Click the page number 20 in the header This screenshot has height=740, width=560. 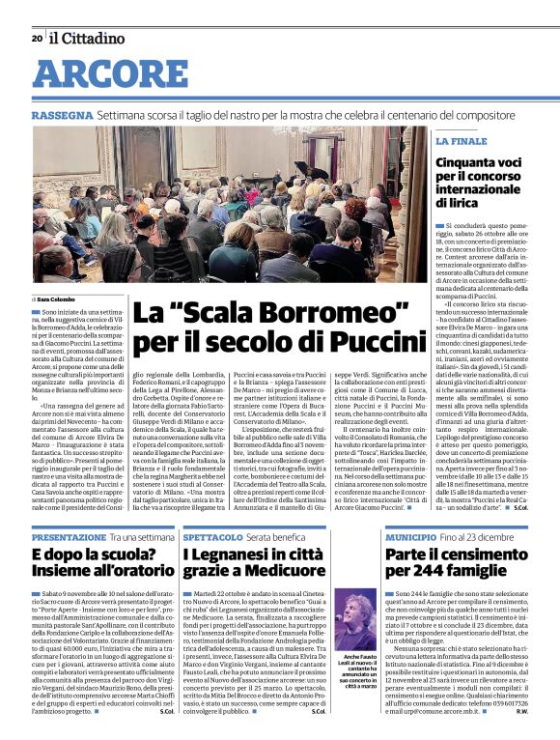37,39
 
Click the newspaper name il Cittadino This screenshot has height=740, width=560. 88,39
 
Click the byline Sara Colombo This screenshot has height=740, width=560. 61,301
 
